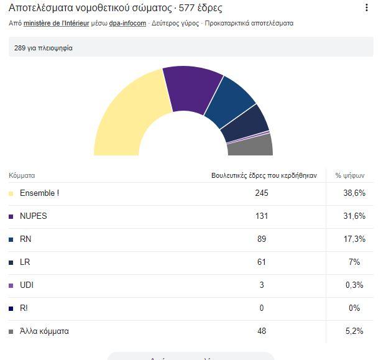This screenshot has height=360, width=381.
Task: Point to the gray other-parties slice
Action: (251, 145)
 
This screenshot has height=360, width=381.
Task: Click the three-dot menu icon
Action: (367, 8)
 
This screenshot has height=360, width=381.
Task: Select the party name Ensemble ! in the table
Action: (39, 193)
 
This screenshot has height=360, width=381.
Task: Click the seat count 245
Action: (261, 193)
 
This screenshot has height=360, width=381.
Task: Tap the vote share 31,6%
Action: (355, 216)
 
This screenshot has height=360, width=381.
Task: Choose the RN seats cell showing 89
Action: (261, 239)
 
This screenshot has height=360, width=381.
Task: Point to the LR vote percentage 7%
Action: (354, 262)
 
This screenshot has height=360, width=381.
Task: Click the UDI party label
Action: (27, 285)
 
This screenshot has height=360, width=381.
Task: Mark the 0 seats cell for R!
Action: (262, 308)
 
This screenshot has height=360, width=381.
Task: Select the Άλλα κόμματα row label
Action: (44, 331)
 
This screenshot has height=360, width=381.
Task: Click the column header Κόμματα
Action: (22, 175)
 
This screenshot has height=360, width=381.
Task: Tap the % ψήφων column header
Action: (349, 175)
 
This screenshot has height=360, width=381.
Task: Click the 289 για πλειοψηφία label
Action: (44, 48)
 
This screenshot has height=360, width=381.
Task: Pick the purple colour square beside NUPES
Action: (11, 217)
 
